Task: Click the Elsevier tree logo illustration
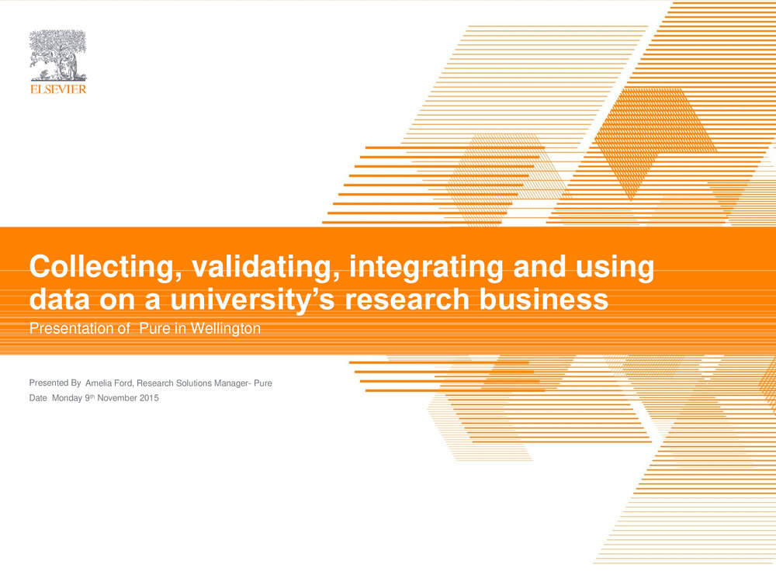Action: tap(58, 55)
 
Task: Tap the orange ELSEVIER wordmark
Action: tap(58, 89)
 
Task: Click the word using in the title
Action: tap(615, 267)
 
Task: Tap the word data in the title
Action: tap(60, 299)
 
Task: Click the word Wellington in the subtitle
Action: tap(226, 328)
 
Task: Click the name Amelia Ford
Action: tap(109, 383)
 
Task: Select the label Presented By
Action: tap(55, 383)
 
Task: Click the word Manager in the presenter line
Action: tap(231, 383)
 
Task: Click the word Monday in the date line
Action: tap(67, 398)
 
